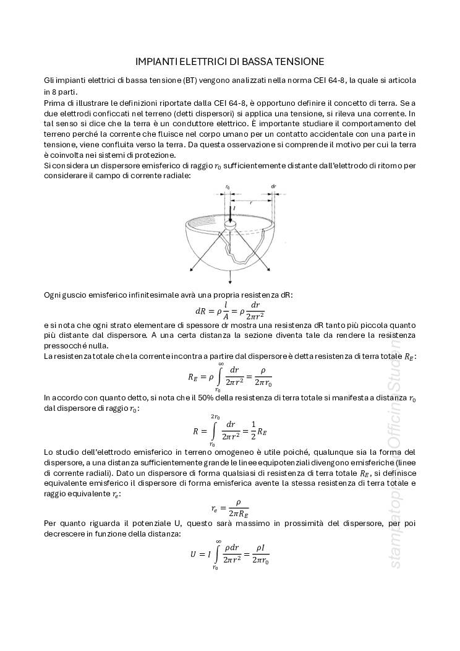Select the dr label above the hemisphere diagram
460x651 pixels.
(273, 186)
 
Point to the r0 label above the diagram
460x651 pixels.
(228, 186)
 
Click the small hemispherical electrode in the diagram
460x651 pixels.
(231, 227)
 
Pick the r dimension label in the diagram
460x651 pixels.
(250, 202)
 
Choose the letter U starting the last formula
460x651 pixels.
(193, 554)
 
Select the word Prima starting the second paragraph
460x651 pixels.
(54, 102)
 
